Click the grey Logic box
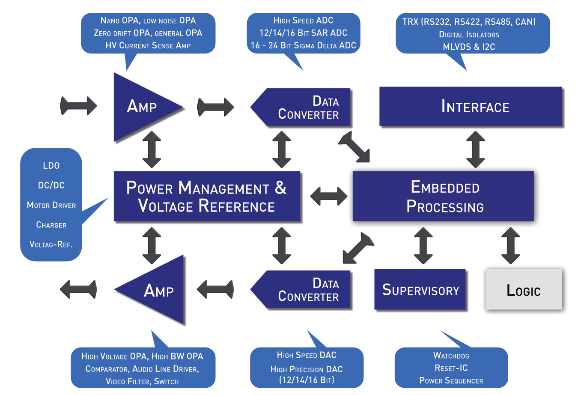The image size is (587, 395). pos(524,289)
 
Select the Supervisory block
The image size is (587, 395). pos(420,289)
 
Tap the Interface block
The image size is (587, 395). pos(471,107)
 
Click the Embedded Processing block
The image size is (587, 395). pos(443,196)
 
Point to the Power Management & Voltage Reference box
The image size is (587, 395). pos(207,196)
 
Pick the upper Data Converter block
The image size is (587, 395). pos(300,107)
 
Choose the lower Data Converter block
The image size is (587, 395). pos(300,289)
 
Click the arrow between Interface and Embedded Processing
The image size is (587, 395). pos(476,150)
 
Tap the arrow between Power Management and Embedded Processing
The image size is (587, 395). pos(329,196)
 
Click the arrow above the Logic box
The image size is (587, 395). pos(510,245)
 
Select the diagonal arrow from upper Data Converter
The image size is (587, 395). pos(354,147)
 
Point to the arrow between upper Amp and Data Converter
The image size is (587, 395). pos(215,107)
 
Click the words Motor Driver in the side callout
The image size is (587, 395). pos(51,205)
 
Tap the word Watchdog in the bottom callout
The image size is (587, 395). pos(451,356)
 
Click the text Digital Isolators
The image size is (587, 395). pos(469,34)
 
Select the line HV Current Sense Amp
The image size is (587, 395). pos(148,45)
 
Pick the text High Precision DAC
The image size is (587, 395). pos(307,369)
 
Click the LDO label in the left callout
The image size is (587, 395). pos(51,166)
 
